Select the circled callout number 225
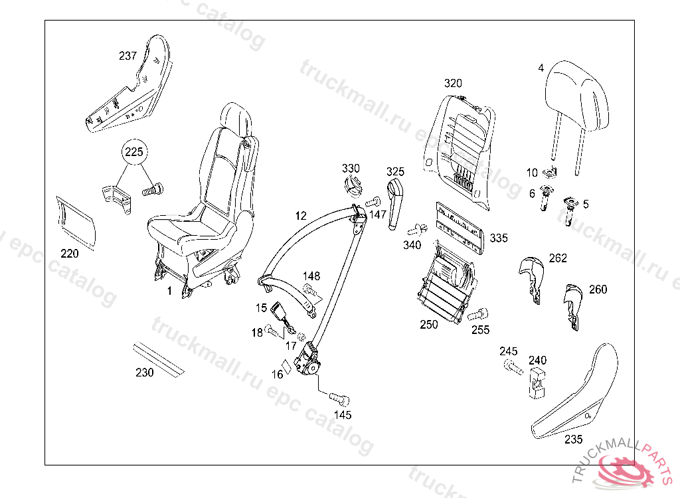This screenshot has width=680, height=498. [x=134, y=153]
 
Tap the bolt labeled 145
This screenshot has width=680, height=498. [x=339, y=399]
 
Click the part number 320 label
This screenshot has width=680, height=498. [x=453, y=83]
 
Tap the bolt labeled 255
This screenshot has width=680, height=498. [x=479, y=315]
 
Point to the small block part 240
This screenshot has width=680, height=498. [x=537, y=382]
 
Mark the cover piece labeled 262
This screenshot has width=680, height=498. [x=532, y=274]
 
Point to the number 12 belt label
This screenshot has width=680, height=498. [x=301, y=216]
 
